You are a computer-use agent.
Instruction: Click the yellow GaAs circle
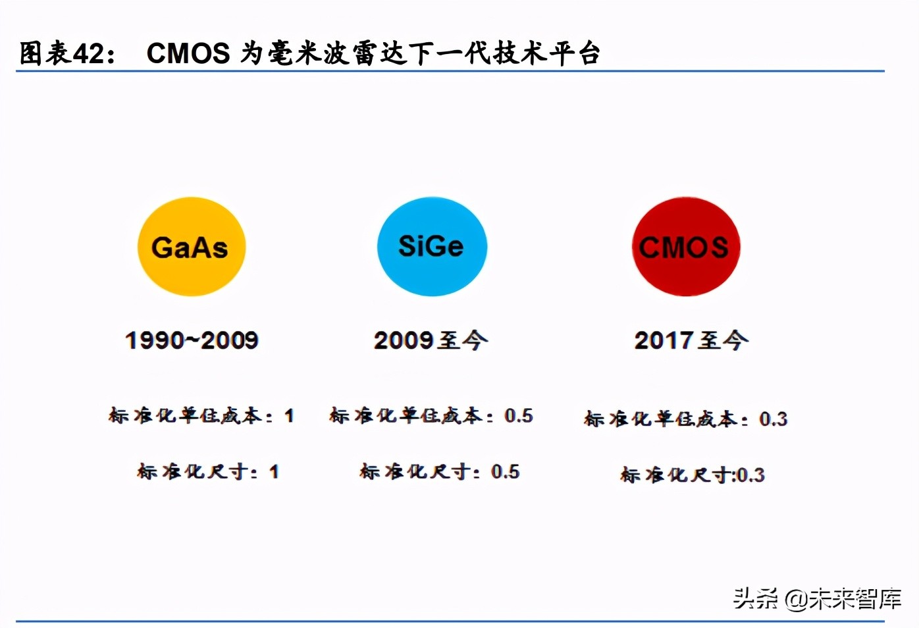tap(191, 247)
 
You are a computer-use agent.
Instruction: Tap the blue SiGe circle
tap(432, 247)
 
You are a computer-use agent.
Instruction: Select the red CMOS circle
tap(685, 247)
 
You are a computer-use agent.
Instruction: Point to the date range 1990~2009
tap(192, 340)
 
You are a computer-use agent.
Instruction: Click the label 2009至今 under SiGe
tap(431, 340)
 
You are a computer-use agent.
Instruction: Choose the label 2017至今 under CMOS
tap(691, 340)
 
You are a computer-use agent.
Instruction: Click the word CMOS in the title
tap(188, 53)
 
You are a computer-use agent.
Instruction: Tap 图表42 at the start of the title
tap(62, 53)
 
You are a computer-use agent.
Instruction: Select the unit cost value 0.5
tap(519, 416)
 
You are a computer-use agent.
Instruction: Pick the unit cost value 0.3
tap(773, 419)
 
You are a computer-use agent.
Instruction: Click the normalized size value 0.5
tap(505, 472)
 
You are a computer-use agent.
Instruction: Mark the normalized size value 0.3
tap(750, 475)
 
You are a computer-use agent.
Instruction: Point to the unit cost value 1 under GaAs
tap(289, 416)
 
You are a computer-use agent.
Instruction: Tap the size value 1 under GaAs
tap(274, 472)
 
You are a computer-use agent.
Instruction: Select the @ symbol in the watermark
tap(795, 599)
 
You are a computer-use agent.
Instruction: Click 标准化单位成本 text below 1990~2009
tap(185, 416)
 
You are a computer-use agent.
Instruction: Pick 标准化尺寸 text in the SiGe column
tap(415, 472)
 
